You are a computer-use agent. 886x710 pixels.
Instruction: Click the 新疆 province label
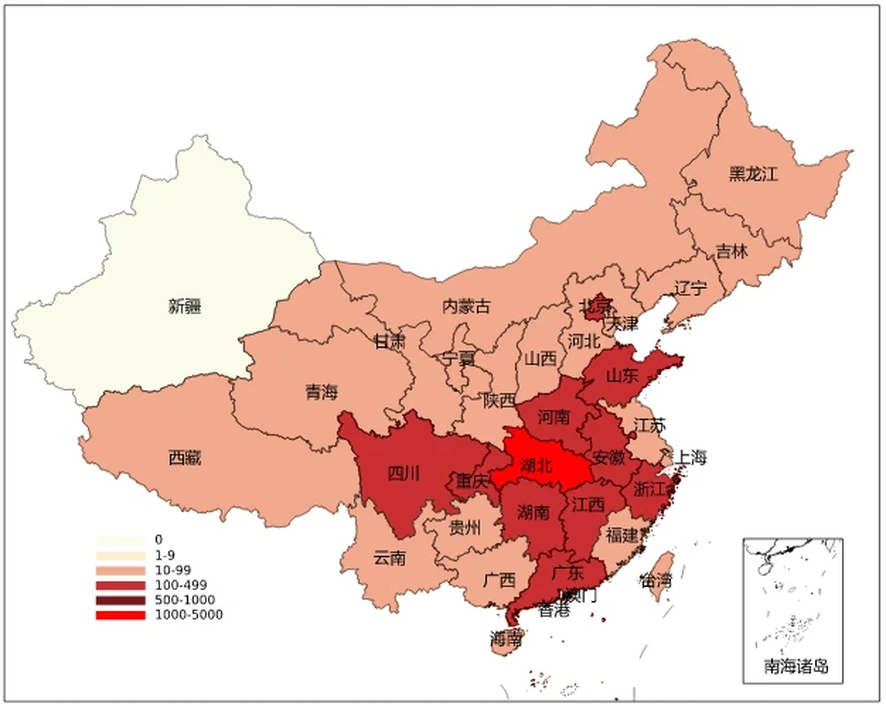185,307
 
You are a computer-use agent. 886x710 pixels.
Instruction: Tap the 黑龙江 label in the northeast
753,174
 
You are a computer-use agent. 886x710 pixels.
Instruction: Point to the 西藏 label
185,458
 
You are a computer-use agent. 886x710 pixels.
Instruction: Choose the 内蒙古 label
466,307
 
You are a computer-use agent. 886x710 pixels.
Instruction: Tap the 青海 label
322,392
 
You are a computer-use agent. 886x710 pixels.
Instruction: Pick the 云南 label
389,558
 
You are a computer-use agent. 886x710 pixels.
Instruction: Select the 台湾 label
656,580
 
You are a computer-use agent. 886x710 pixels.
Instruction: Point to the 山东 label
622,376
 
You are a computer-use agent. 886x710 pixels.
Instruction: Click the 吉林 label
732,252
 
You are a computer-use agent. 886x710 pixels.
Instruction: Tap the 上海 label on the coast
690,457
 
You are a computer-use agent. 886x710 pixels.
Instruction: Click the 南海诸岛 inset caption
796,666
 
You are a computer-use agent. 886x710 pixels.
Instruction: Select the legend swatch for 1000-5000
120,615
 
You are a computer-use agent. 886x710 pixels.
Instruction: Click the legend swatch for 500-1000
120,600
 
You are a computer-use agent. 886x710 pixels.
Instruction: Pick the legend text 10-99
172,570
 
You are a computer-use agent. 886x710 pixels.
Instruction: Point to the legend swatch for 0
120,540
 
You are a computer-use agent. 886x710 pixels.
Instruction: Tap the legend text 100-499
181,585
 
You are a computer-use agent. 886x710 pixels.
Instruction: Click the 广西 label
499,580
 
